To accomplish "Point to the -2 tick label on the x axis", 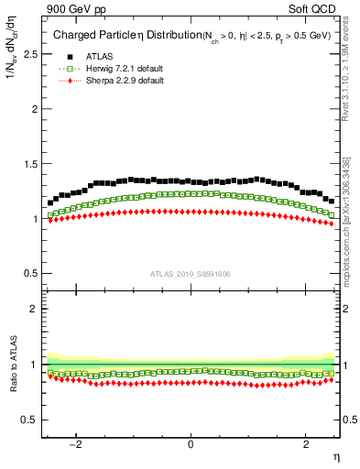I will (x=80, y=444).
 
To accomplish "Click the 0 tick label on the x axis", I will (x=191, y=444).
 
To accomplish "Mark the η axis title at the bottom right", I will (x=335, y=455).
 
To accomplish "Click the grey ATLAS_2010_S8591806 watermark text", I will (x=191, y=274).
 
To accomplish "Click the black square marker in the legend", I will (x=69, y=57).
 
